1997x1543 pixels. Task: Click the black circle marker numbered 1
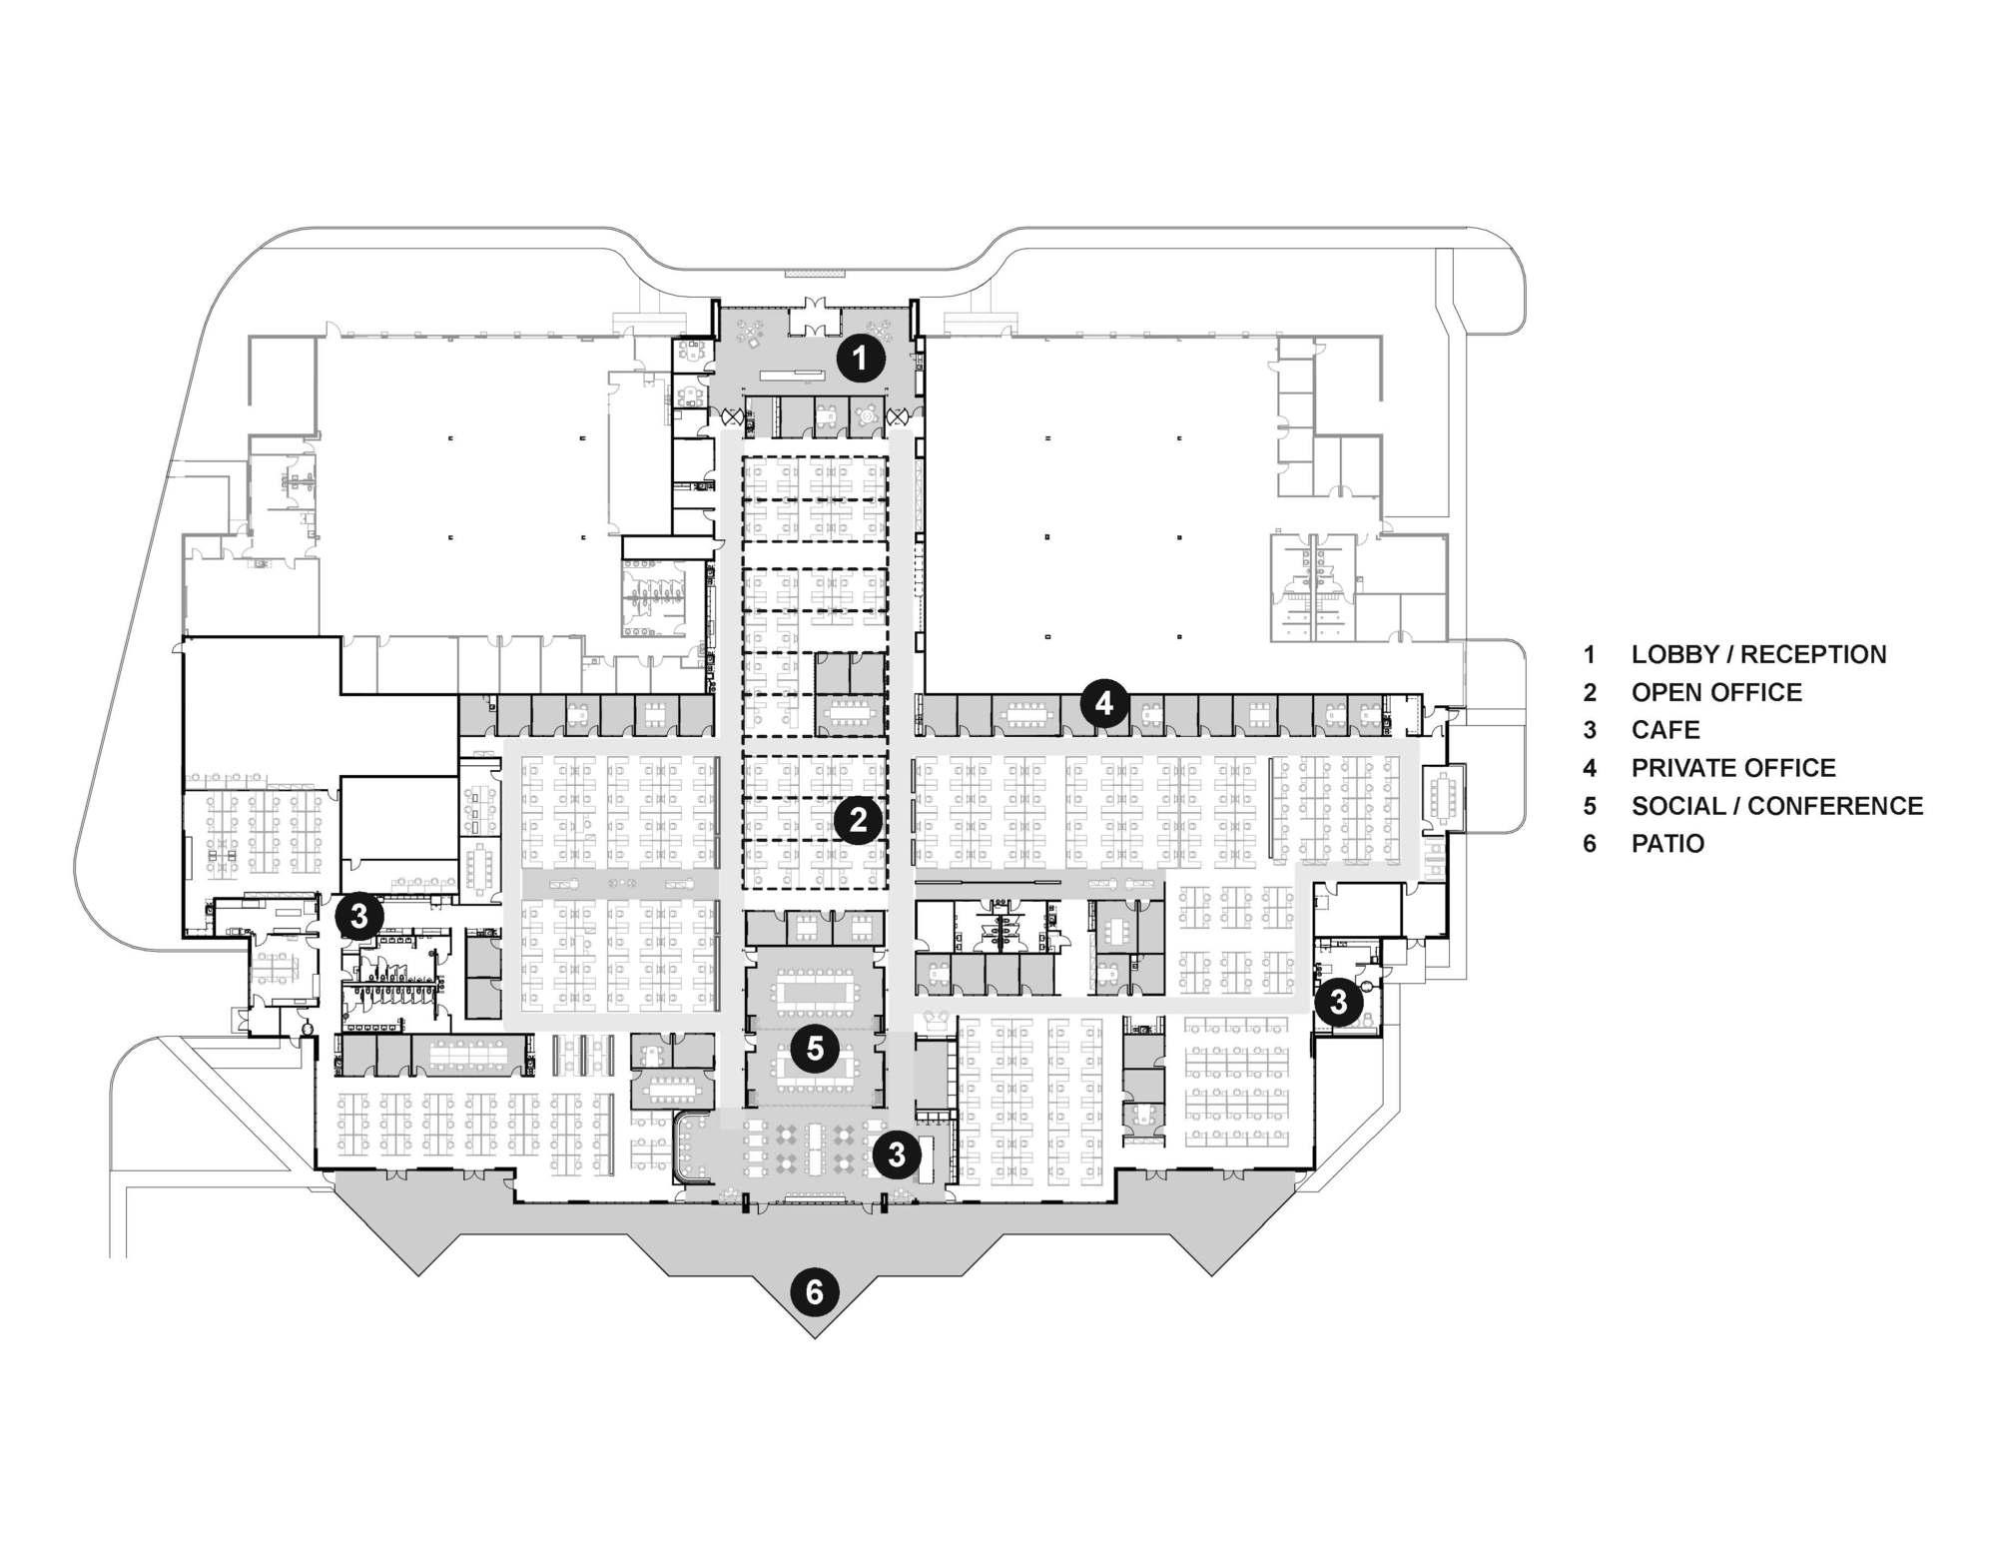pos(860,358)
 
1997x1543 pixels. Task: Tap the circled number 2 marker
pos(858,821)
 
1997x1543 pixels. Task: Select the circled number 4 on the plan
pos(1104,704)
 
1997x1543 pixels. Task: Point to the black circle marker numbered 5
pos(816,1049)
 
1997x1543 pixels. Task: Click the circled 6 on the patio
pos(815,1292)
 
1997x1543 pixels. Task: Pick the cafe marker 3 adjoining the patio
pos(897,1155)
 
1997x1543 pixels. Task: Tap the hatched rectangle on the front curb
pos(815,272)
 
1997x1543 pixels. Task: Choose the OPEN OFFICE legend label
pos(1716,693)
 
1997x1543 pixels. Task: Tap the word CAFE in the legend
pos(1665,730)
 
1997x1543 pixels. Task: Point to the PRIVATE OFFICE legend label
pos(1733,768)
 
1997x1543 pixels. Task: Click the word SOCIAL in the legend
pos(1678,806)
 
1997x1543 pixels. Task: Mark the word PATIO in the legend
pos(1667,844)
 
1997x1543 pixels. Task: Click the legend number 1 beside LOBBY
pos(1590,655)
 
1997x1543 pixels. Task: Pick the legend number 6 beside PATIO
pos(1590,844)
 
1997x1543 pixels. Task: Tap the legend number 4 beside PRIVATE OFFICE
pos(1590,768)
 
